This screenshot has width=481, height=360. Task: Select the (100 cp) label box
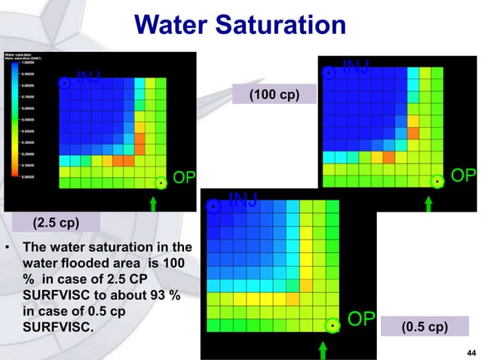(273, 95)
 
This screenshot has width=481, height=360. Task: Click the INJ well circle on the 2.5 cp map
(65, 83)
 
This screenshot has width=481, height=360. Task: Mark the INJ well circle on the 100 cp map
(329, 73)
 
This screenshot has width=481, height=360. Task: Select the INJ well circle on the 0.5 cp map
(214, 206)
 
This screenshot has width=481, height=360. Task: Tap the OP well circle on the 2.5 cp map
(160, 182)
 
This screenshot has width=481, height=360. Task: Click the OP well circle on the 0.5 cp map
(332, 325)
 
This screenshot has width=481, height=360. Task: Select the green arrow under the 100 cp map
(428, 202)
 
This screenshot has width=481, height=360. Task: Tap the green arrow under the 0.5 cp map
(323, 349)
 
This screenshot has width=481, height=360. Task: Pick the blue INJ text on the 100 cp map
(355, 67)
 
